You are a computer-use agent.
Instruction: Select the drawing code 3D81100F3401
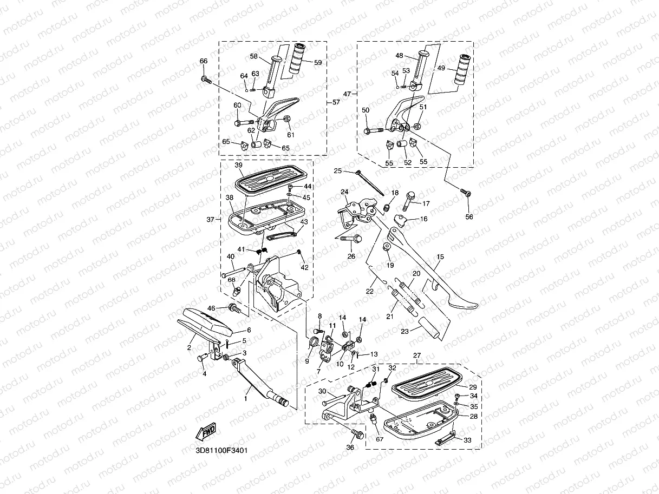[222, 450]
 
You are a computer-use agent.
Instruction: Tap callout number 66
[204, 61]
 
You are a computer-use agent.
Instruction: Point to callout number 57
[336, 102]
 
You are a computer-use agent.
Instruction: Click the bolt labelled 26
[354, 238]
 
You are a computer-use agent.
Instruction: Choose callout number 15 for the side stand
[440, 257]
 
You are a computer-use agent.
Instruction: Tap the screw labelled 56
[466, 193]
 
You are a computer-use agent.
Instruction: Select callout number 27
[417, 355]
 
